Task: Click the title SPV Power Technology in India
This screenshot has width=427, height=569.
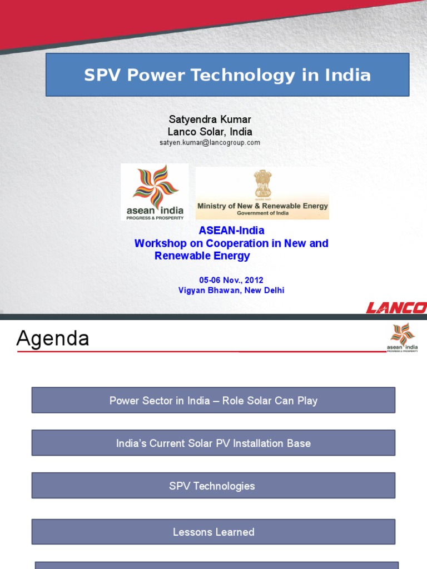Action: pos(227,75)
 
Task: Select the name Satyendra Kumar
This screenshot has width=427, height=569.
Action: pos(210,119)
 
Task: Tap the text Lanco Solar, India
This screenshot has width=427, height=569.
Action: pos(210,132)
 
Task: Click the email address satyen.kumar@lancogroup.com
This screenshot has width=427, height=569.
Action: pos(210,143)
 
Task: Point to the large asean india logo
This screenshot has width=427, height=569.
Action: pos(155,192)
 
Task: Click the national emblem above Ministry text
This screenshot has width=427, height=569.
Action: pos(263,184)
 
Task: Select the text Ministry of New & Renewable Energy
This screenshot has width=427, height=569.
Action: pos(262,206)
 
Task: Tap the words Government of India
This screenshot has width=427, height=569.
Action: pos(262,213)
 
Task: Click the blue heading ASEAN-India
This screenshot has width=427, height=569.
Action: pos(231,230)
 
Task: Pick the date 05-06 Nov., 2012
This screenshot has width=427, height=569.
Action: pos(231,280)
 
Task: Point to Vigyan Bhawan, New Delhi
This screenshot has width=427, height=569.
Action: pos(231,290)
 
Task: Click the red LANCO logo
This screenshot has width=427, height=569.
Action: pos(396,307)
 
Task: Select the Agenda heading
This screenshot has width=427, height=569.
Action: pos(53,338)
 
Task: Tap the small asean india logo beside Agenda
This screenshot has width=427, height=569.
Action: pos(402,337)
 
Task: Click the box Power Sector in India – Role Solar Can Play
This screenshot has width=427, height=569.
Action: pos(213,401)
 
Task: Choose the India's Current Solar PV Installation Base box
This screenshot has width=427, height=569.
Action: pos(213,443)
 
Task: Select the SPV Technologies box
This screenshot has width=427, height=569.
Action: pos(213,486)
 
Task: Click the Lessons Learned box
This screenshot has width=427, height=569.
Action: pos(213,532)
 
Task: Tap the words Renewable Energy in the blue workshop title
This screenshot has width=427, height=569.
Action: pos(202,256)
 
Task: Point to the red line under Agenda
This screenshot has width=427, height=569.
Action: pos(200,352)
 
